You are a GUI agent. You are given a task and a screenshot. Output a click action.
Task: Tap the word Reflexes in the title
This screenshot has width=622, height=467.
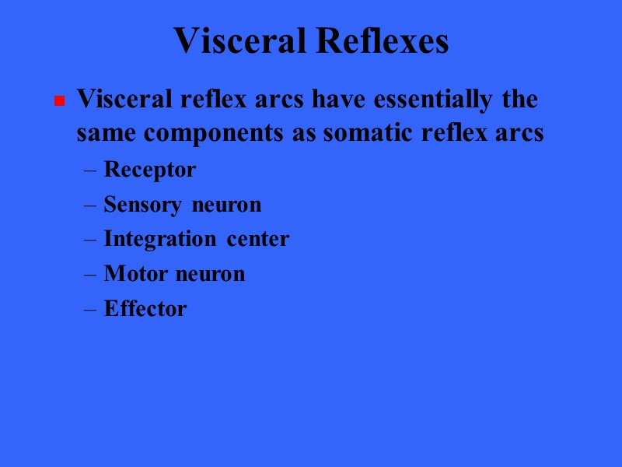tap(382, 40)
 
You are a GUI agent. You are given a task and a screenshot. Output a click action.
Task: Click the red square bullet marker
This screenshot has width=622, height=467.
tap(58, 102)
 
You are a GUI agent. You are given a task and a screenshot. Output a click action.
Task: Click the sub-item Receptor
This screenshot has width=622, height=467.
tap(149, 170)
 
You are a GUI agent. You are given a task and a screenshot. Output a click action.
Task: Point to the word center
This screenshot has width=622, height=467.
tap(258, 239)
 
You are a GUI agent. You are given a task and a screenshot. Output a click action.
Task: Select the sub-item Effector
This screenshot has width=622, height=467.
tap(145, 309)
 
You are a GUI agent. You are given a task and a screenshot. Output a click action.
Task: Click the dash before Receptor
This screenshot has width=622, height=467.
tap(89, 170)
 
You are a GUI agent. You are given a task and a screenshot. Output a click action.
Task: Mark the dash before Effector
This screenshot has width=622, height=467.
tap(89, 310)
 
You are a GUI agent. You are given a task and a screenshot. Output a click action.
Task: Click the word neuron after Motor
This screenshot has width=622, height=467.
tap(210, 274)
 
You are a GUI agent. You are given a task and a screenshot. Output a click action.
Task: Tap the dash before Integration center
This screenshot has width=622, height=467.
tap(89, 240)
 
